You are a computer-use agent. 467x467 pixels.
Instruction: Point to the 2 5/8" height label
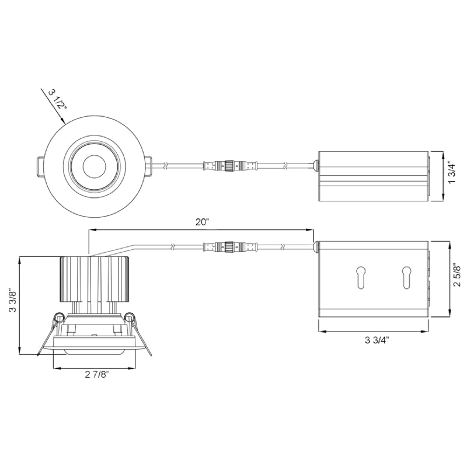click(x=457, y=280)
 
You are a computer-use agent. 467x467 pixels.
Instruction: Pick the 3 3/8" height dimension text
click(x=11, y=304)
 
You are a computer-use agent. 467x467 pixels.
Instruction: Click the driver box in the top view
click(x=374, y=176)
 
